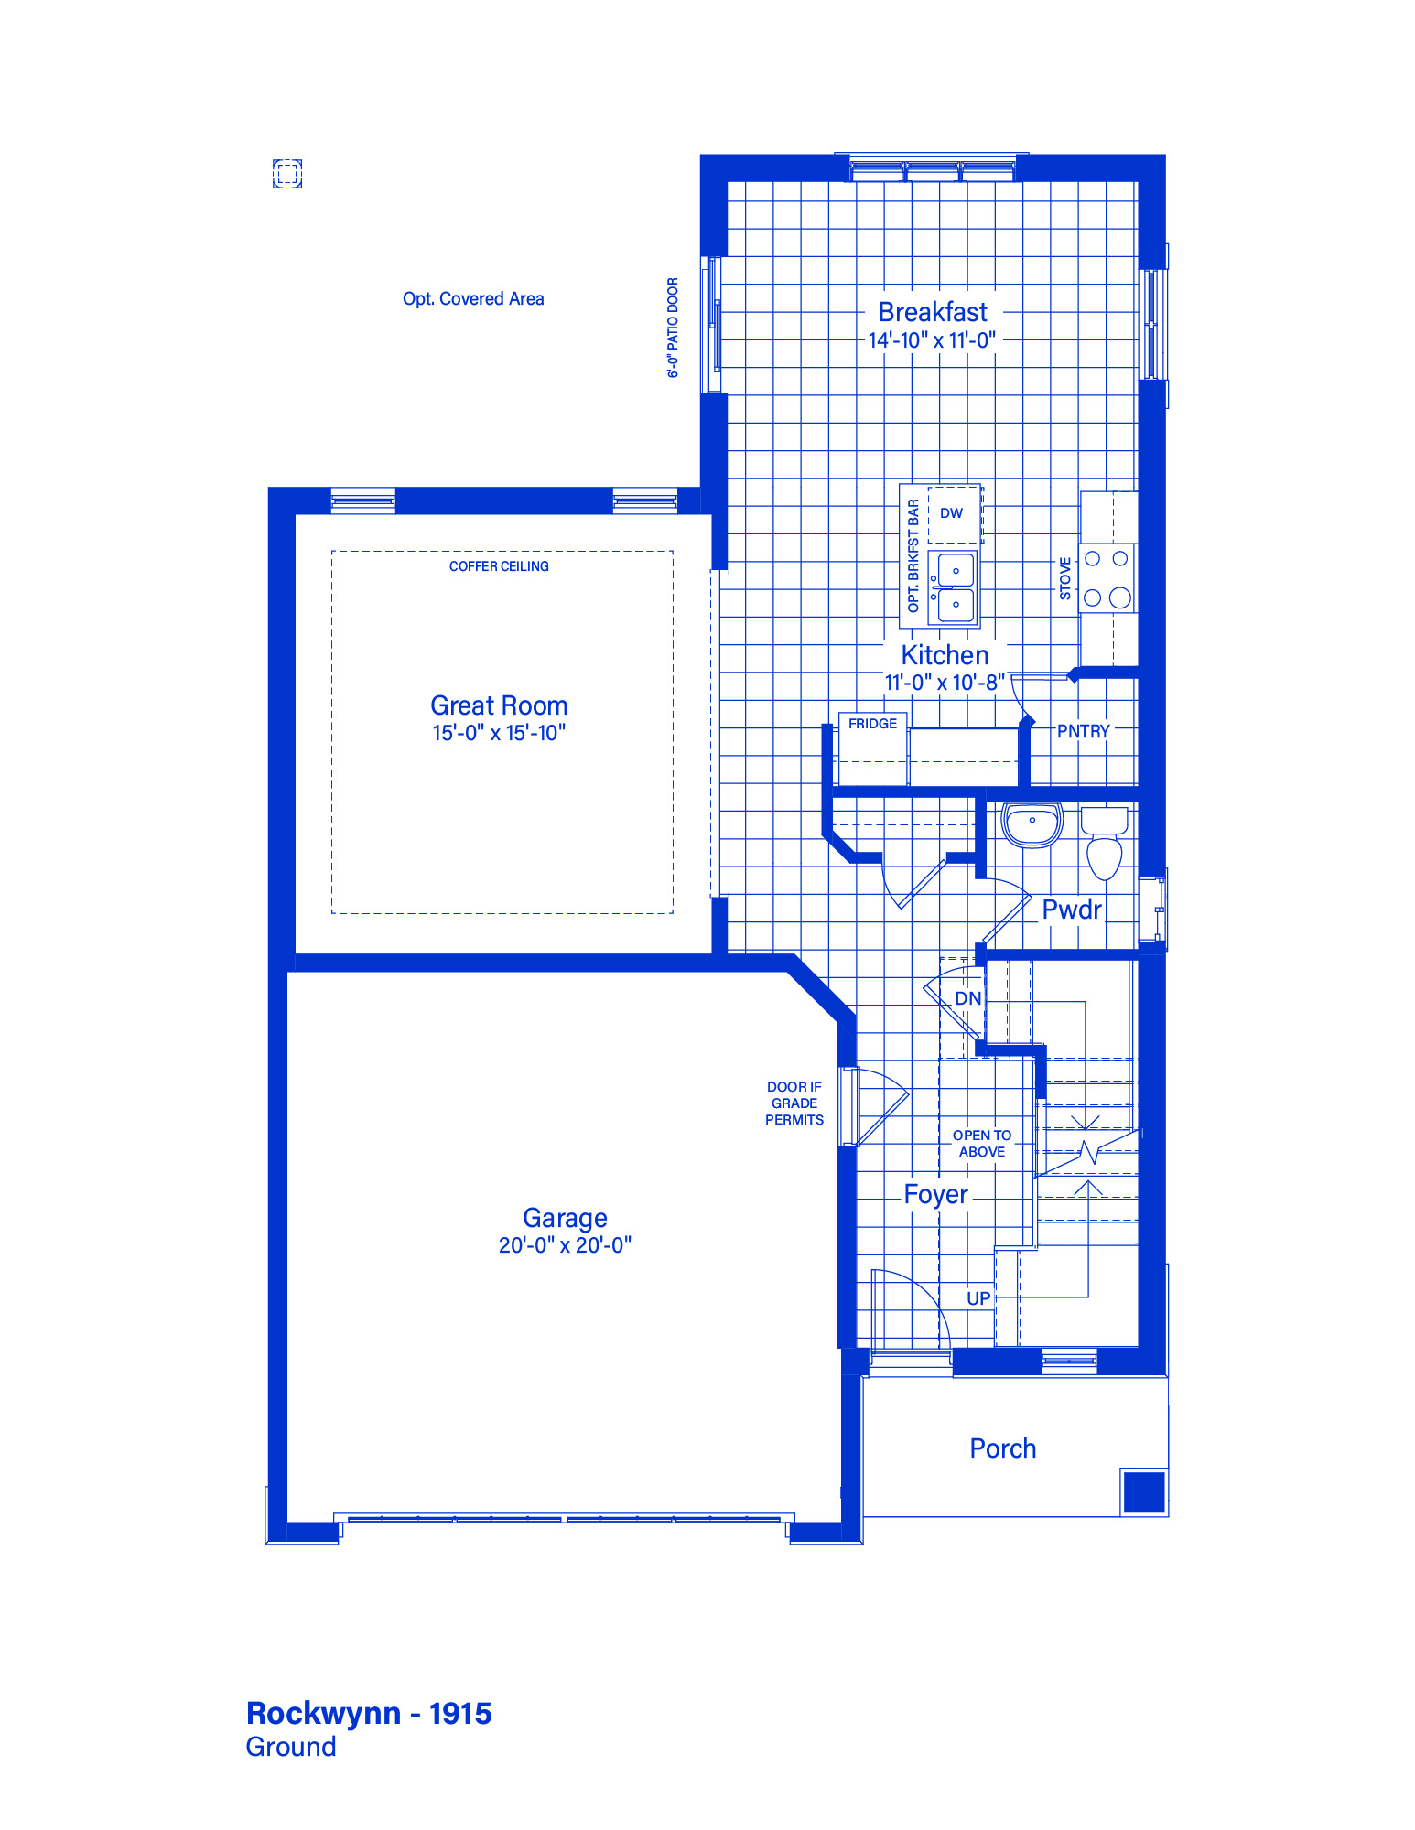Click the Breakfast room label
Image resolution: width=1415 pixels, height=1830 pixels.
(x=933, y=312)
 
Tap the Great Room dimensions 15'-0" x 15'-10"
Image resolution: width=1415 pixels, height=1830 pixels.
(x=499, y=733)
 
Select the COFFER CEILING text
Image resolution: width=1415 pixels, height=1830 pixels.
(x=499, y=566)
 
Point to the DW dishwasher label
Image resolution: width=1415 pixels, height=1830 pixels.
(x=951, y=513)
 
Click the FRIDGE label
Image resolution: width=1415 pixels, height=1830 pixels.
(x=872, y=724)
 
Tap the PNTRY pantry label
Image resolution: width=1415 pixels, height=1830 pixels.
(x=1083, y=731)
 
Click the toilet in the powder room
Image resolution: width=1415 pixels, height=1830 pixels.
(x=1105, y=843)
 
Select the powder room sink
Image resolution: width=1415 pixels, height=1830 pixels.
(x=1032, y=823)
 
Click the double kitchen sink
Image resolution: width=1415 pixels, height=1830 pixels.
(x=954, y=587)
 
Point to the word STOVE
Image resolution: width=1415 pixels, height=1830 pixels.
(x=1064, y=578)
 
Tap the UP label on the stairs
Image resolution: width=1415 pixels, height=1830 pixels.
(x=978, y=1298)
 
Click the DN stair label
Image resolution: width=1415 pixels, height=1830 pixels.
(x=968, y=998)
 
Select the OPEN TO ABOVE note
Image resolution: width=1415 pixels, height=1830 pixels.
(x=982, y=1144)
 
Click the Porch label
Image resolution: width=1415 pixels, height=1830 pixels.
(x=1003, y=1448)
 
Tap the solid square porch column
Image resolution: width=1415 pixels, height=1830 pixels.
(x=1144, y=1492)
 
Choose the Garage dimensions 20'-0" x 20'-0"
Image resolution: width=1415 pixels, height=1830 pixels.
(x=565, y=1245)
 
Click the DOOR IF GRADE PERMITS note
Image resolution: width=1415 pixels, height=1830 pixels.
(x=794, y=1103)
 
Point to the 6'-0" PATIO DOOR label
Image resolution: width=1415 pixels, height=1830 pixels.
(x=673, y=328)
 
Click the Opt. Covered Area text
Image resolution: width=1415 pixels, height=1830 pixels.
(x=473, y=299)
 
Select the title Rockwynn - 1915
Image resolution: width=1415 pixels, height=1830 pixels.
(x=369, y=1713)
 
